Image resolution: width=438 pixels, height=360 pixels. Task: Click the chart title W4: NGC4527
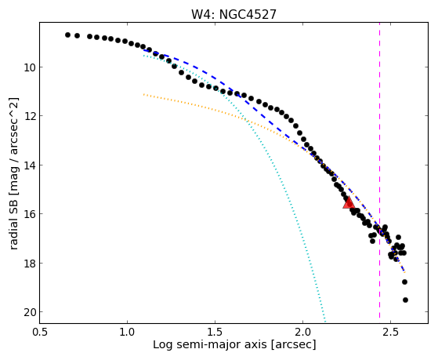pos(233,14)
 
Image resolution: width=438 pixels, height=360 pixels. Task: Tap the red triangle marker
pos(349,203)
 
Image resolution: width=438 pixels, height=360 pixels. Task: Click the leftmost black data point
pos(67,35)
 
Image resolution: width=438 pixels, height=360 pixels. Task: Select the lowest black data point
pos(405,300)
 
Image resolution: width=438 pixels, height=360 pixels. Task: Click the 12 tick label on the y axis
pos(29,116)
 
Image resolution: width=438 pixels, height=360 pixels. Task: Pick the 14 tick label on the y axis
pos(29,165)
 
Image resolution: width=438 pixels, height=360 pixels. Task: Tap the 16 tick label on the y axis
pos(29,214)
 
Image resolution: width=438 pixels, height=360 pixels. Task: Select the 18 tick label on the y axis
pos(29,264)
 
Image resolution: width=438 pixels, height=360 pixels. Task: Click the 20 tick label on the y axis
pos(29,312)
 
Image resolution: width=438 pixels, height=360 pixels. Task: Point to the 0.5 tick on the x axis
pos(40,332)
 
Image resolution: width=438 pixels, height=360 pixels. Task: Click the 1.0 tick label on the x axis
pos(128,332)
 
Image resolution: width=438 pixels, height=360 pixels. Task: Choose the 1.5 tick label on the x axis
pos(215,332)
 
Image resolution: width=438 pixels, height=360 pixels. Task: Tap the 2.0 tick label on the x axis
pos(302,332)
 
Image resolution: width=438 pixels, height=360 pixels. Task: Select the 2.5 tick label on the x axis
pos(390,332)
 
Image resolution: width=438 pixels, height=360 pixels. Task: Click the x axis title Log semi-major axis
pos(210,345)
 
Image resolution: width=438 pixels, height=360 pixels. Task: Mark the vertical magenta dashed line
pos(379,170)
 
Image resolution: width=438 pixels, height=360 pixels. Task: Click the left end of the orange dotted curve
pos(143,95)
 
